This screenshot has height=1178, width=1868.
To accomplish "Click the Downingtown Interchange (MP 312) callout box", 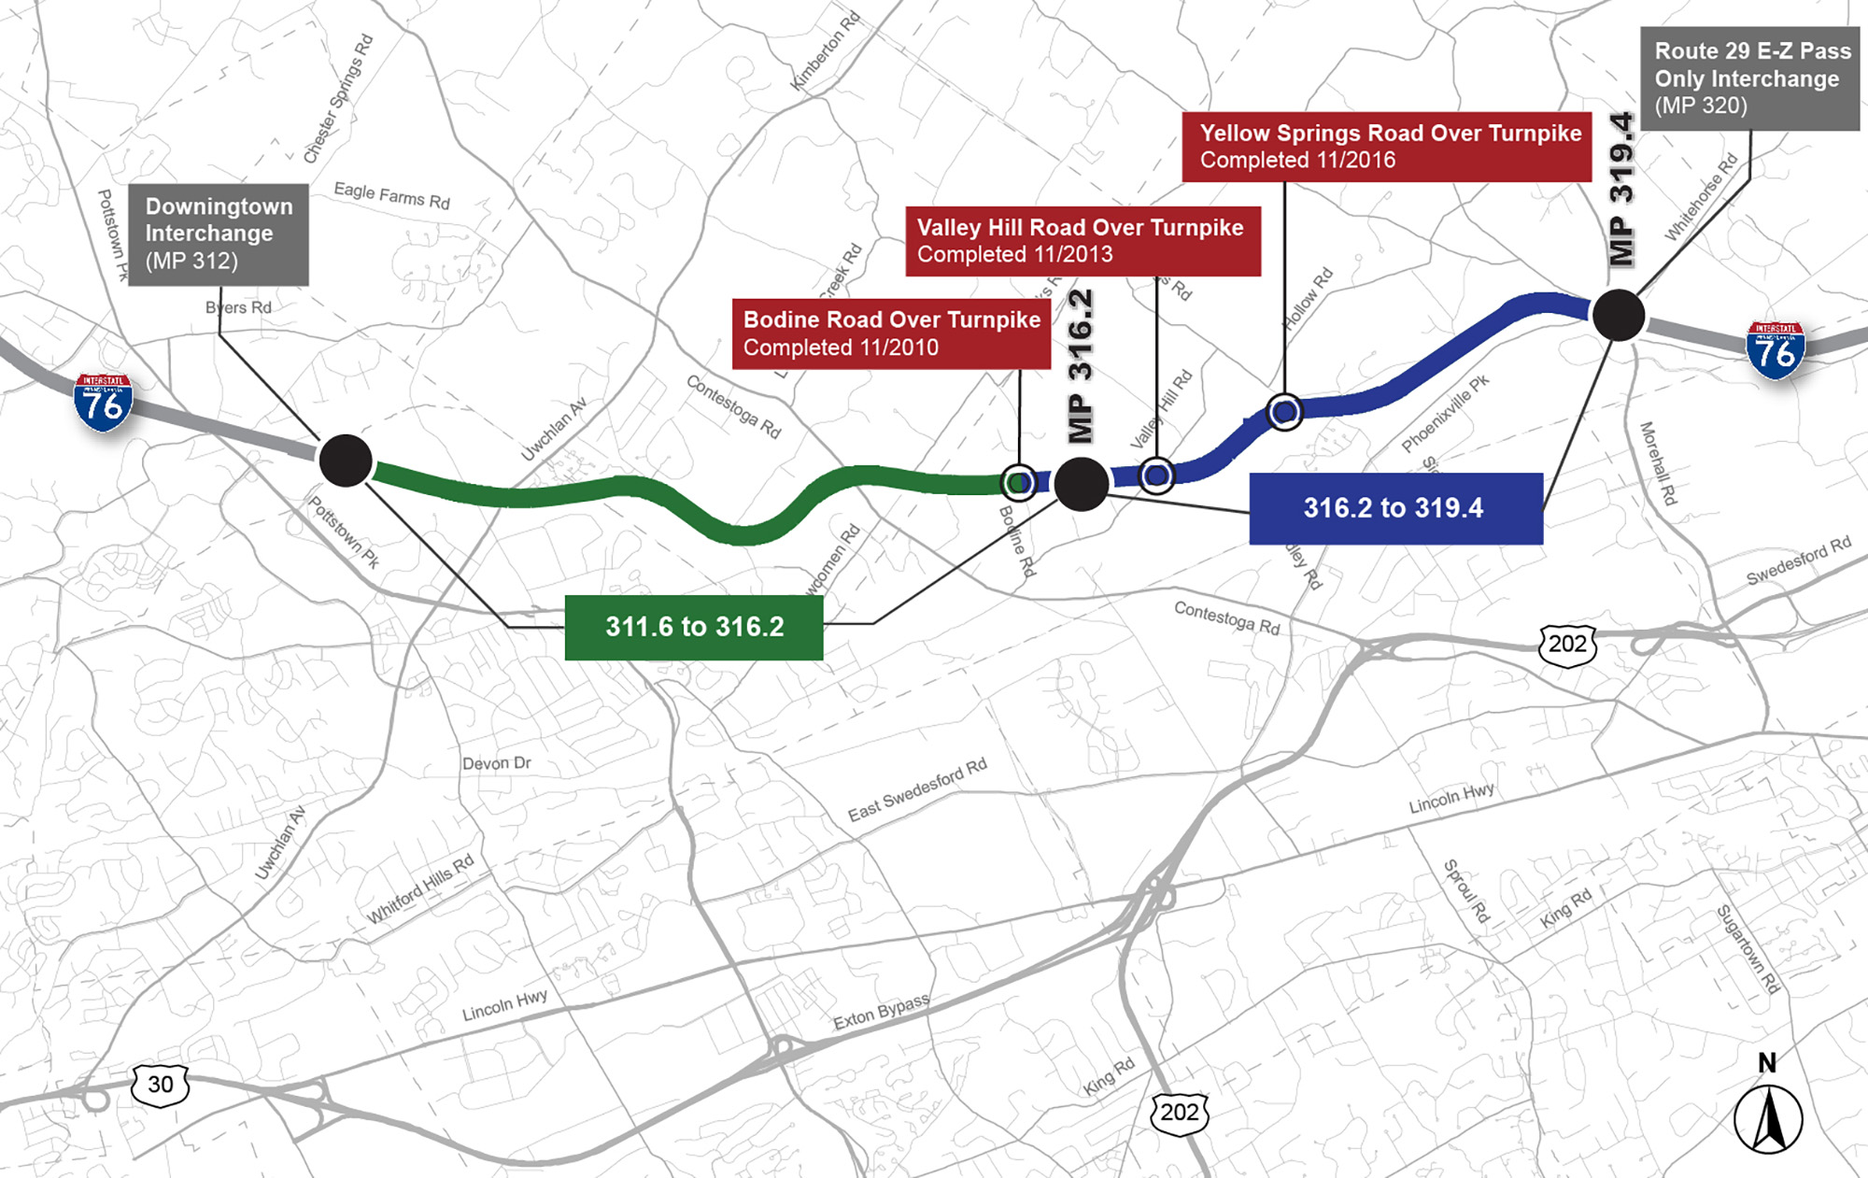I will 219,234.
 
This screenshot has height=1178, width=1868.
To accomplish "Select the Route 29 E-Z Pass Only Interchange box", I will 1750,78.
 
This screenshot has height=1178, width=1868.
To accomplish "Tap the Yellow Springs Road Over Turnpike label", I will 1387,147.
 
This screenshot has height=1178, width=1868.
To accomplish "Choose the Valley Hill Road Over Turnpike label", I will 1083,241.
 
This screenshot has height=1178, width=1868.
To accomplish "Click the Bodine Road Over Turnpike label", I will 891,334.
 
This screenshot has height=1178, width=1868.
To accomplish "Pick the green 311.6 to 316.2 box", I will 694,627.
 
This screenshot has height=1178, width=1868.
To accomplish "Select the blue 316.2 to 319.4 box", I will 1395,508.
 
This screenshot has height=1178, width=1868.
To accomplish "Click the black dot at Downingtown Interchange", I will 346,461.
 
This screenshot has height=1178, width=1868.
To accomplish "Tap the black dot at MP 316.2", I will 1081,484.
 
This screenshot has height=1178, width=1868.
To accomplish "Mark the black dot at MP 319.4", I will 1618,315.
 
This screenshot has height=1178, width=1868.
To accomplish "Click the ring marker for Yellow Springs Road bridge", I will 1284,411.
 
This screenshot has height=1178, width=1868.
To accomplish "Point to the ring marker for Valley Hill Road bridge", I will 1156,476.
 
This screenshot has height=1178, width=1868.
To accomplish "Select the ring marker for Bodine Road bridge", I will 1018,482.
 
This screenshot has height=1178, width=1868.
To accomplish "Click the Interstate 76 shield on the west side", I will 103,403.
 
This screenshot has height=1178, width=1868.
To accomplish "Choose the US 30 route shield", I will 161,1085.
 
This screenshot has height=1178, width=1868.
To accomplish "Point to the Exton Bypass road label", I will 881,1012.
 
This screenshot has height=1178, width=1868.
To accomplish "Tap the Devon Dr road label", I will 496,763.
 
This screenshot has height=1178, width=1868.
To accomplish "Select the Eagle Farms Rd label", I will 392,195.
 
